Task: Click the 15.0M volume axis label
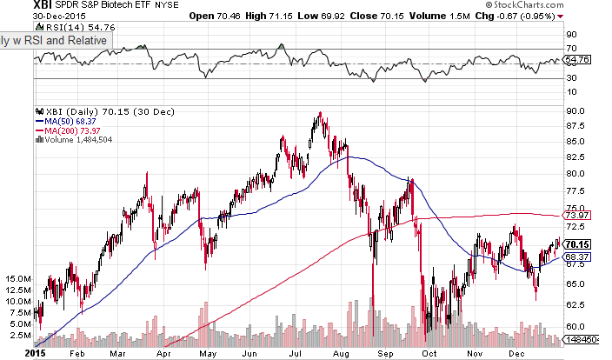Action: (x=17, y=278)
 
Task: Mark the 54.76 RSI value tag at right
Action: (x=577, y=60)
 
